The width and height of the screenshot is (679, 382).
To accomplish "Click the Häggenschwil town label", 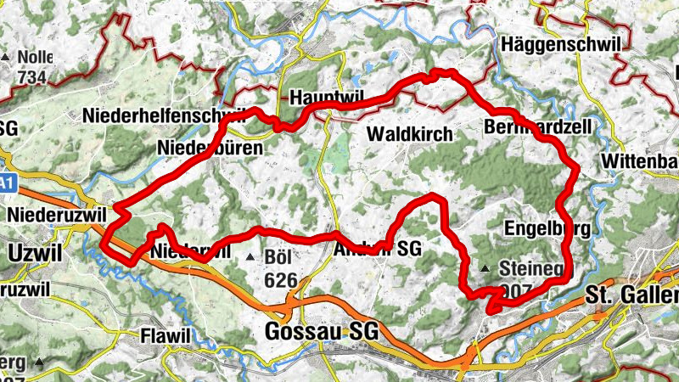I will (563, 44).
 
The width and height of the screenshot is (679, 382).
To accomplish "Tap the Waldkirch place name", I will (410, 135).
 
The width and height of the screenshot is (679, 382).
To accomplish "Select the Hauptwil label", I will (321, 98).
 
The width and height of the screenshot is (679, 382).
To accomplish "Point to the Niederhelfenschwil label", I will (165, 115).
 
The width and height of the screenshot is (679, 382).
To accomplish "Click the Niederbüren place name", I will (210, 149).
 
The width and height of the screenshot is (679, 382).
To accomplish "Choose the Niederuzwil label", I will (56, 216).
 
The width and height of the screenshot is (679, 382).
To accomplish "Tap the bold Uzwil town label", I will (31, 251).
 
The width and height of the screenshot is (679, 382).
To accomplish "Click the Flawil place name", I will (167, 336).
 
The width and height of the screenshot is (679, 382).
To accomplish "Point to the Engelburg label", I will (547, 229).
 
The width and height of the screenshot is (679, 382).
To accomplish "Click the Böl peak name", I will (278, 256).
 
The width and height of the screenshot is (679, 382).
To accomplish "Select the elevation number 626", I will (281, 280).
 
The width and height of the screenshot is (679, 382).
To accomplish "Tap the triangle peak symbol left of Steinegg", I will (485, 269).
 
